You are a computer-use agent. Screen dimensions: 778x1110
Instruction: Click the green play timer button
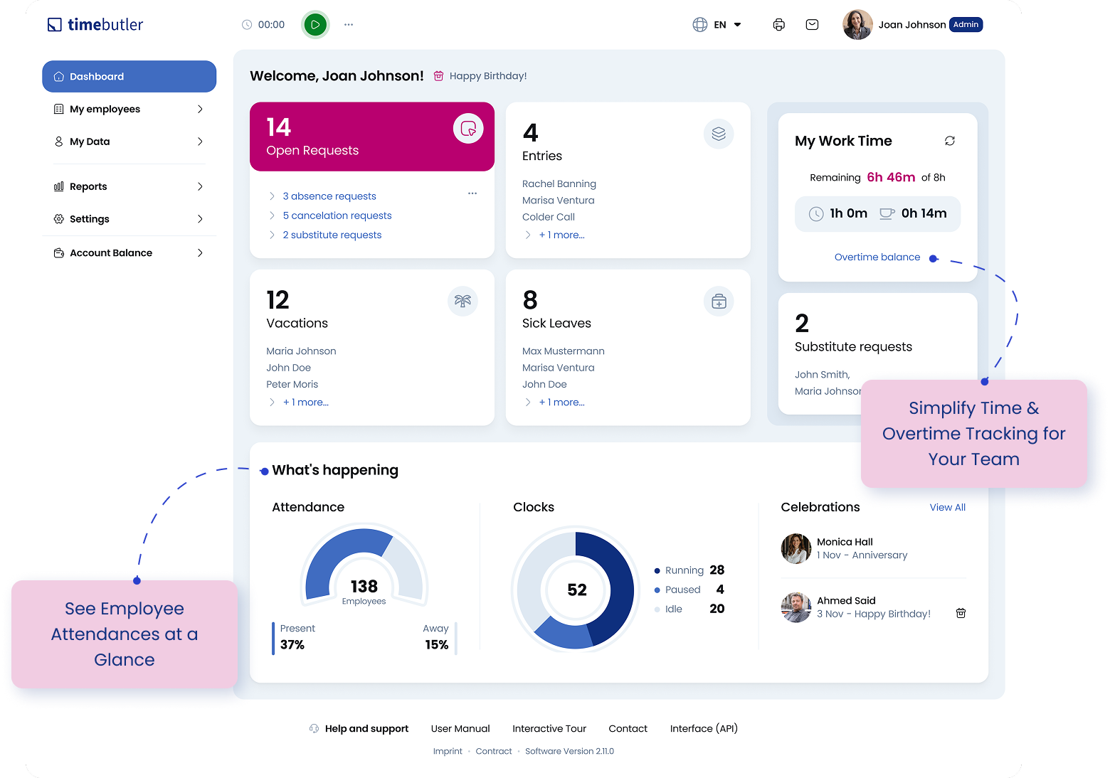click(315, 25)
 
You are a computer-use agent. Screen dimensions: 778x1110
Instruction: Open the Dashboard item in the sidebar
click(129, 77)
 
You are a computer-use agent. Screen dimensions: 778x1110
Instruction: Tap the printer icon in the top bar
click(779, 25)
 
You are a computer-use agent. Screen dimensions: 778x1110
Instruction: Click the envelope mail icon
click(812, 25)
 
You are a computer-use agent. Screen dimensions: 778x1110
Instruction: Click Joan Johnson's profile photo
click(857, 25)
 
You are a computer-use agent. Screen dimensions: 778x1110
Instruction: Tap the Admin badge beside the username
click(966, 25)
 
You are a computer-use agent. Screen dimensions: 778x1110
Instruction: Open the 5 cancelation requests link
click(337, 215)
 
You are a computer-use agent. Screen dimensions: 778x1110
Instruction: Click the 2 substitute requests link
click(332, 235)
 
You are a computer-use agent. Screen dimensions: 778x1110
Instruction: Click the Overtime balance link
click(877, 257)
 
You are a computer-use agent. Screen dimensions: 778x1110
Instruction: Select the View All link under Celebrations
click(947, 508)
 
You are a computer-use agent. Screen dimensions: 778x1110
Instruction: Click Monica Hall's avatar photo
click(796, 548)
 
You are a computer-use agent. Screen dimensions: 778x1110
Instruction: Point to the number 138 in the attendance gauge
click(364, 587)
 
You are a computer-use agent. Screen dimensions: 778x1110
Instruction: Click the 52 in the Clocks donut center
click(577, 590)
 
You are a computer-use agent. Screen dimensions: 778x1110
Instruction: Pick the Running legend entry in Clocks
click(684, 570)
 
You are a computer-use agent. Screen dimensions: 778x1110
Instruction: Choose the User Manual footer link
click(460, 729)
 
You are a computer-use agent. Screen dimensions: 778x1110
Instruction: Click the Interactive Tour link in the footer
click(549, 729)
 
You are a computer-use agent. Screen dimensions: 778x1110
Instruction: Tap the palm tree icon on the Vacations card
click(462, 302)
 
